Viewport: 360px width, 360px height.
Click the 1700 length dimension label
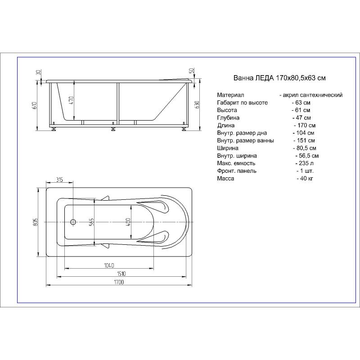(119, 282)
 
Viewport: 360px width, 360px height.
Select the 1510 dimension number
(121, 274)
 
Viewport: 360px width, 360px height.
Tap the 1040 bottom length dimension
(109, 265)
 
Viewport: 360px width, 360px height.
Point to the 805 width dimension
(36, 222)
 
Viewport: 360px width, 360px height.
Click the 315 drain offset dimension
(59, 180)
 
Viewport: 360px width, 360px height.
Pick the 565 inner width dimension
(91, 222)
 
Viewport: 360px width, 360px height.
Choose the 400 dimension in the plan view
(128, 222)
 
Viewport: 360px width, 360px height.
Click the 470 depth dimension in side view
(71, 100)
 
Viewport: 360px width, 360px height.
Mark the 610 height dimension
(35, 105)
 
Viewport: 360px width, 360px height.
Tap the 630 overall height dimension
(197, 105)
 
